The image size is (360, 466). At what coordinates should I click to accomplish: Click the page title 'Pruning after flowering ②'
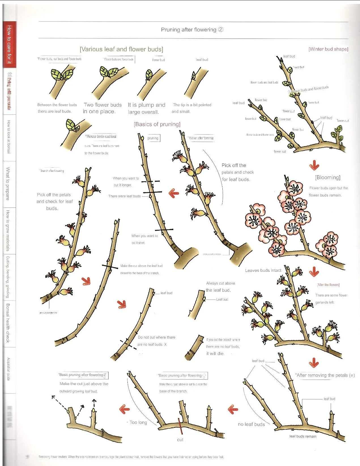pyautogui.click(x=192, y=30)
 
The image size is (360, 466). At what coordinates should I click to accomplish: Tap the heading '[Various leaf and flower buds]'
pyautogui.click(x=122, y=49)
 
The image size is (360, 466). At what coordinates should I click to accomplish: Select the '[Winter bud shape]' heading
pyautogui.click(x=328, y=49)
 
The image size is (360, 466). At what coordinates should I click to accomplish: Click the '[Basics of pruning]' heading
pyautogui.click(x=157, y=124)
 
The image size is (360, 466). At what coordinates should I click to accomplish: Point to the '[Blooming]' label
pyautogui.click(x=327, y=178)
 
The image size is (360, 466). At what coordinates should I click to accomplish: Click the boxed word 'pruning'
pyautogui.click(x=153, y=138)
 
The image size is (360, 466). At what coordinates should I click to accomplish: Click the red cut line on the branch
pyautogui.click(x=180, y=426)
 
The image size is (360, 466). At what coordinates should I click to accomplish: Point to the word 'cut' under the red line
pyautogui.click(x=180, y=440)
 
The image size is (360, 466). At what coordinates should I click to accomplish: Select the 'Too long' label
pyautogui.click(x=138, y=422)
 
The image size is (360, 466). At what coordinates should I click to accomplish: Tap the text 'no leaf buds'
pyautogui.click(x=251, y=424)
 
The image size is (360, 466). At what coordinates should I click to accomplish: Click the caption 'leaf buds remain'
pyautogui.click(x=303, y=436)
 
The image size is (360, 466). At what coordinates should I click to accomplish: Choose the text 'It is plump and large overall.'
pyautogui.click(x=146, y=108)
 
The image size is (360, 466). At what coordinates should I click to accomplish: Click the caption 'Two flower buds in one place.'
pyautogui.click(x=103, y=108)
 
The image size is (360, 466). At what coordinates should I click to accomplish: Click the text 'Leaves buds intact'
pyautogui.click(x=263, y=270)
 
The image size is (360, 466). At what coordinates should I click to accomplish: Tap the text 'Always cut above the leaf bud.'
pyautogui.click(x=220, y=287)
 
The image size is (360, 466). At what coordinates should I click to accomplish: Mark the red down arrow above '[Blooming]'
pyautogui.click(x=314, y=165)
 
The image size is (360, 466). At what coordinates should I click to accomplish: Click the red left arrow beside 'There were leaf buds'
pyautogui.click(x=174, y=193)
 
